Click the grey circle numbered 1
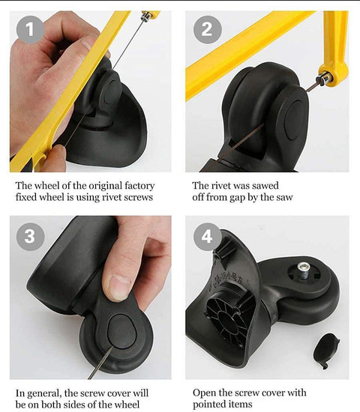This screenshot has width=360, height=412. tap(30, 29)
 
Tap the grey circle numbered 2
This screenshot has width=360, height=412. tap(207, 29)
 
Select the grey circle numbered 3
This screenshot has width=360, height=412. tap(30, 237)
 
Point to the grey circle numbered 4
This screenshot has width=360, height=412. tap(207, 237)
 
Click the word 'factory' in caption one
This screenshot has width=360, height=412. tap(139, 186)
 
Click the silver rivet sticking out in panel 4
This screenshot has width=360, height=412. tap(304, 270)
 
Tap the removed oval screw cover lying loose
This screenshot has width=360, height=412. tap(326, 351)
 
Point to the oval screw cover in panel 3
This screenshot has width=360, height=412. tap(121, 331)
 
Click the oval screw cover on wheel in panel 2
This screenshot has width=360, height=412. tap(295, 120)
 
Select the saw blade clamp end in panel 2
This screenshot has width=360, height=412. tap(325, 79)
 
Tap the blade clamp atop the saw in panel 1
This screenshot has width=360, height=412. tap(146, 16)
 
